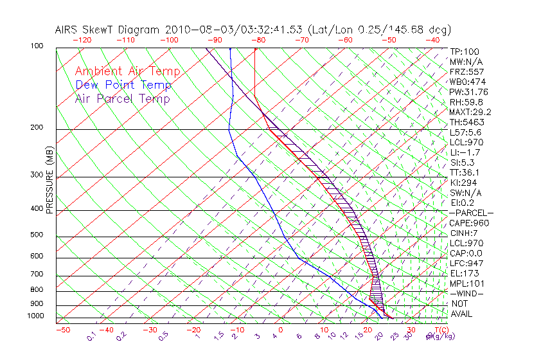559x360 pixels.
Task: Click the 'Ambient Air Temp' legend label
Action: (127, 71)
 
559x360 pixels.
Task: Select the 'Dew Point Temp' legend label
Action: (123, 85)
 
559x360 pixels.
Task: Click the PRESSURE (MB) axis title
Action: (49, 183)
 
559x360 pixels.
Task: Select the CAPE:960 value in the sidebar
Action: (469, 223)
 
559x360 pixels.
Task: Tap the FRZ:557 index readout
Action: (467, 71)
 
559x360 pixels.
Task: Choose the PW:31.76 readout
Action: (469, 91)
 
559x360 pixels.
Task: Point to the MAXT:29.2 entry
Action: (470, 112)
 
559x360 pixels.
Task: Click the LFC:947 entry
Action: (466, 264)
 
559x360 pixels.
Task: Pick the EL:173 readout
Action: (465, 273)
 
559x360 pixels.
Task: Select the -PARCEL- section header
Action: (471, 213)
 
